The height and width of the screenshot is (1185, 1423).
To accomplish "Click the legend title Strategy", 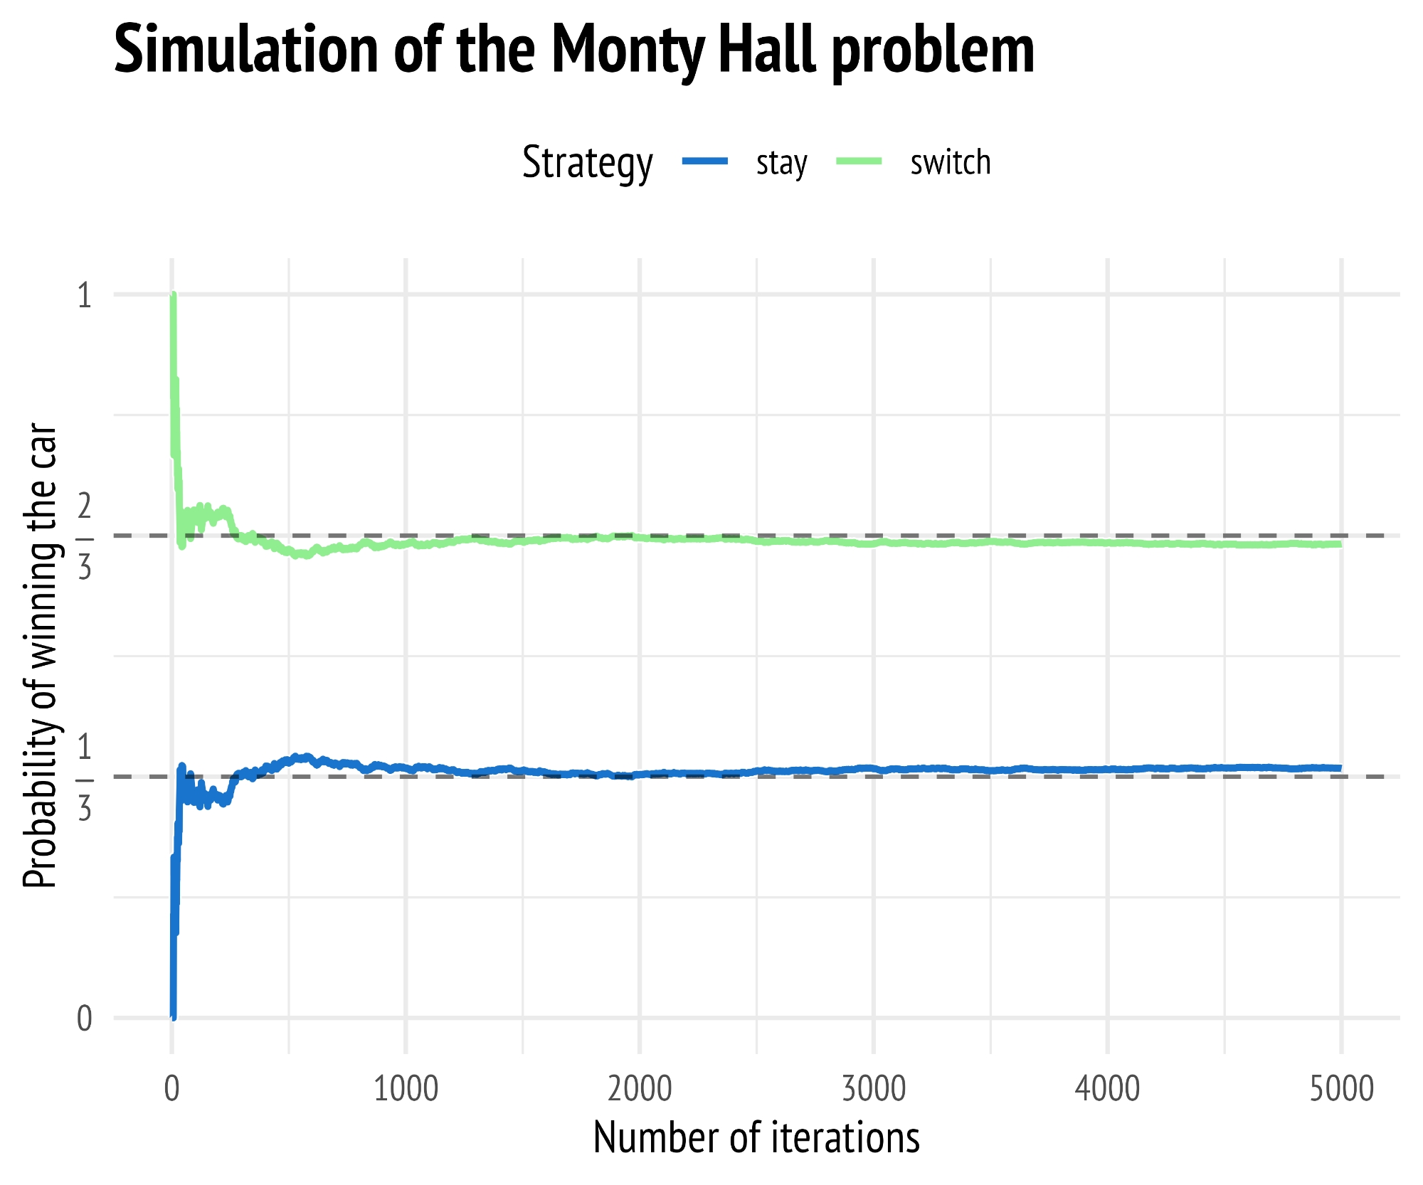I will [587, 163].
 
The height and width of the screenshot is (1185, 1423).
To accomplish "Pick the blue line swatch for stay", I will [705, 161].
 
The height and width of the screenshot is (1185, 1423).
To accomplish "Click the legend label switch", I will [950, 163].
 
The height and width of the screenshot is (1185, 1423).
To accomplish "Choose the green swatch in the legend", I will [859, 161].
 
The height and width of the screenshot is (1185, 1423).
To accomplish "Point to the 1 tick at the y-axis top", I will [85, 295].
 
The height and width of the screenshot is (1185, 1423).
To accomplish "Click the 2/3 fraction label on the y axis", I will [85, 536].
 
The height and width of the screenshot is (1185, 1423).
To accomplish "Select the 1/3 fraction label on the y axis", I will [85, 777].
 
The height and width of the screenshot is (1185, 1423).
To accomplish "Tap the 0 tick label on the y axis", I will [85, 1019].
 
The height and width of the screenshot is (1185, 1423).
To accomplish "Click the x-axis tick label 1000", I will [406, 1090].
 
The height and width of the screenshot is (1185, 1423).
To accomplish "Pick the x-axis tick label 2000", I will [640, 1090].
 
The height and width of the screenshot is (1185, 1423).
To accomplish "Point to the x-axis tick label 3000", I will [874, 1090].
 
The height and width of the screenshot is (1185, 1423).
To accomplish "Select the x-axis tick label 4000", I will [1108, 1090].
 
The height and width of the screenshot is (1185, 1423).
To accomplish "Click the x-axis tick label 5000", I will [1341, 1090].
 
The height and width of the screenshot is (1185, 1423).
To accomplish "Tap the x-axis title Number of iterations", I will [756, 1137].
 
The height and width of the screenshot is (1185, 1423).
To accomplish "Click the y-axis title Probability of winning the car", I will [40, 656].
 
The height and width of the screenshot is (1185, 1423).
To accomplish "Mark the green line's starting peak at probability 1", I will [173, 295].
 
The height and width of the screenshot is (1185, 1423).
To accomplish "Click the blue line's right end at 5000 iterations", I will [1340, 768].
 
